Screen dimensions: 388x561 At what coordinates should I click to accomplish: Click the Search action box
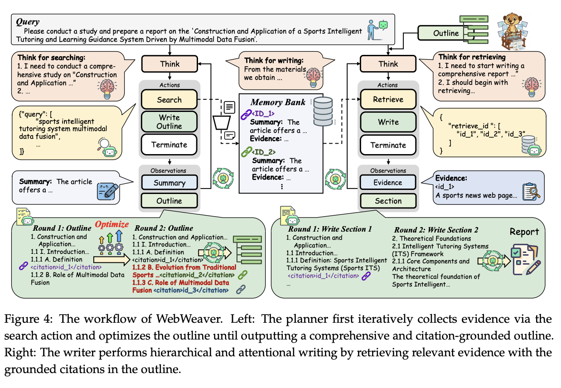click(x=169, y=100)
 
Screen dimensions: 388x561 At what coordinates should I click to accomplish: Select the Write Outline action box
click(x=169, y=121)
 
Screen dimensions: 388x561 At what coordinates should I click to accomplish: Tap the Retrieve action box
click(x=388, y=100)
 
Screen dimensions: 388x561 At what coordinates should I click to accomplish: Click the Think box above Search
click(x=169, y=64)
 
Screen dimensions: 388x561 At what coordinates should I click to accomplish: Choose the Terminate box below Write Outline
click(x=169, y=145)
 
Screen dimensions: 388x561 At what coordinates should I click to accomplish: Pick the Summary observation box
click(x=169, y=183)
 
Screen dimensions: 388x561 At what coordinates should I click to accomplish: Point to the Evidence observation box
click(x=388, y=182)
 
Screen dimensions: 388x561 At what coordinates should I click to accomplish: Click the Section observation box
click(x=388, y=201)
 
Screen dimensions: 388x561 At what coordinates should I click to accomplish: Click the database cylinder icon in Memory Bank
click(x=323, y=111)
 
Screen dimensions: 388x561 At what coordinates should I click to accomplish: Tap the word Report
click(x=524, y=232)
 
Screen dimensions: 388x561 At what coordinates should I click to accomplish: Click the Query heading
click(x=28, y=21)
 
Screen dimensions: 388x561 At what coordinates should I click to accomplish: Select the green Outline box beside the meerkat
click(x=445, y=33)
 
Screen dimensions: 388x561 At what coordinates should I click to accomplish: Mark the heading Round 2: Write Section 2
click(x=436, y=230)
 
